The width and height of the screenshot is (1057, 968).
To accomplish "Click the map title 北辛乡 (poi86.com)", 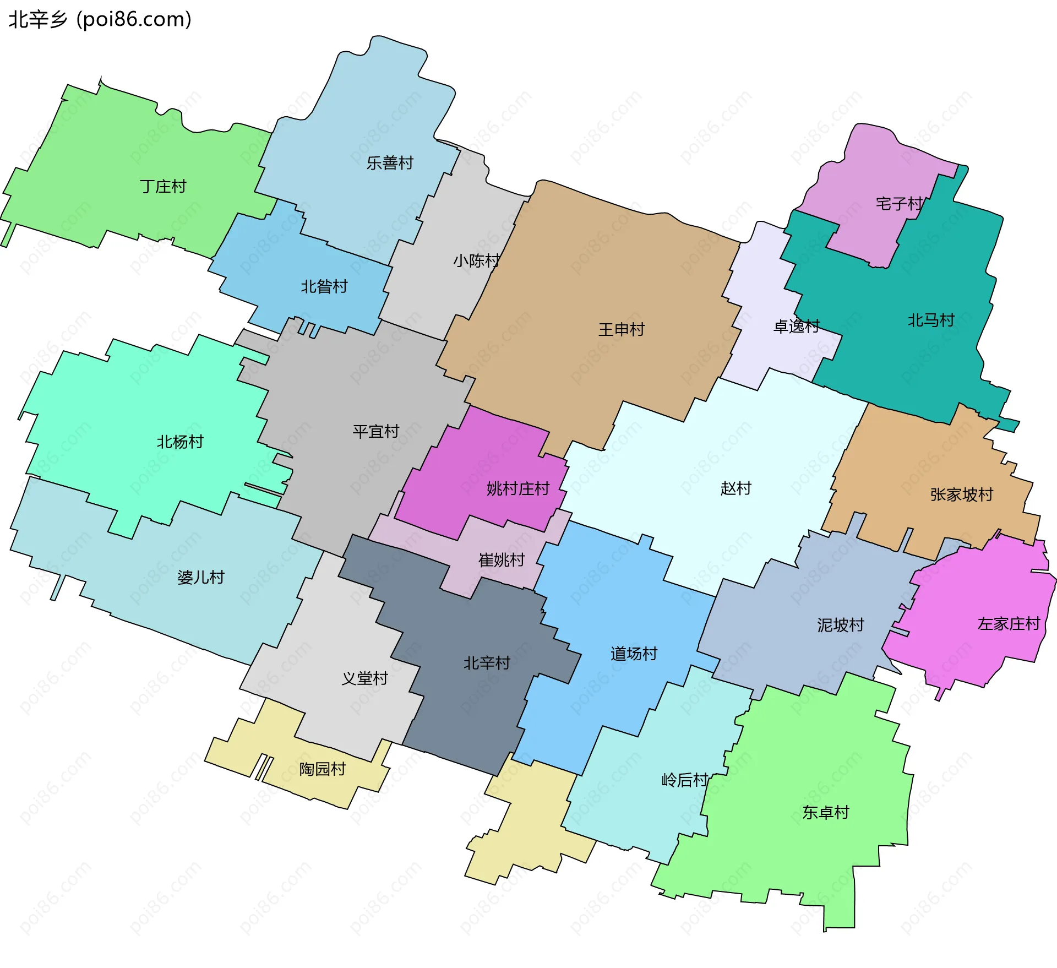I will click(x=100, y=20).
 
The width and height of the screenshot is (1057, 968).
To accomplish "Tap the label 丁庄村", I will click(x=163, y=187).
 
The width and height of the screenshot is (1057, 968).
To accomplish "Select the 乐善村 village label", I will click(x=390, y=163).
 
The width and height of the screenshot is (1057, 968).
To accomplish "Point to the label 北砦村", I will click(x=324, y=286).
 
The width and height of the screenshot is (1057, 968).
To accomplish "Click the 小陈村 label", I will click(x=477, y=260).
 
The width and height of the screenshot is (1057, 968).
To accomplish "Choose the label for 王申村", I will click(x=622, y=329).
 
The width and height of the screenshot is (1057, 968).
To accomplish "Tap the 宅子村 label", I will click(x=899, y=204).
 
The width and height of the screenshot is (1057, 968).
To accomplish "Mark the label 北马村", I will click(x=931, y=320).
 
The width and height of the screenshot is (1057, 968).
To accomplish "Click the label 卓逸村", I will click(x=797, y=327).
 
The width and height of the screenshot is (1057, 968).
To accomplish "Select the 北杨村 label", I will click(x=180, y=442).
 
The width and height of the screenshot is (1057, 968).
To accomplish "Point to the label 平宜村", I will click(x=376, y=431).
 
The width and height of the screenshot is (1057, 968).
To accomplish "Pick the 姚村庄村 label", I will click(x=518, y=488).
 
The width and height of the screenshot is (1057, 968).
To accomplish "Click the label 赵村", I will click(x=736, y=488).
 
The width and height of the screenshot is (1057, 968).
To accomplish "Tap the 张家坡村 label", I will click(x=962, y=494).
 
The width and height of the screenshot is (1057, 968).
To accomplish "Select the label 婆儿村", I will click(x=201, y=577).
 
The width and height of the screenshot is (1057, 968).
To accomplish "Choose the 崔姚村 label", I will click(x=502, y=560).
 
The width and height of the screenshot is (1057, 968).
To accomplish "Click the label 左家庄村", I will click(x=1009, y=623).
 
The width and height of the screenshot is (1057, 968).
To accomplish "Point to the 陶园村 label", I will click(x=323, y=769).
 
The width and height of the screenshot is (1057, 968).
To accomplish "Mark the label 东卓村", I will click(x=826, y=812).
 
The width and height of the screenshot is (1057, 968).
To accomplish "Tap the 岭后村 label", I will click(x=685, y=780).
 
